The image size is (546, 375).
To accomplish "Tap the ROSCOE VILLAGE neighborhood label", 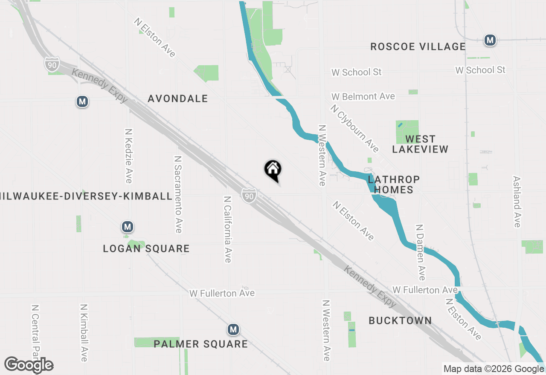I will pyautogui.click(x=418, y=46).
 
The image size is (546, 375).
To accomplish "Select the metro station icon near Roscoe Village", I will pyautogui.click(x=490, y=40).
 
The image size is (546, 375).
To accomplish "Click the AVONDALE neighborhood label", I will pyautogui.click(x=177, y=99).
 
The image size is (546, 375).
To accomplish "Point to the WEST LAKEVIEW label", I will pyautogui.click(x=420, y=144).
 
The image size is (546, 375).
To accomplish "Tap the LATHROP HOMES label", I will pyautogui.click(x=393, y=185).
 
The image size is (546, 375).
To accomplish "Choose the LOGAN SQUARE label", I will pyautogui.click(x=146, y=248).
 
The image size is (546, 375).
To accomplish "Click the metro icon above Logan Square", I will pyautogui.click(x=127, y=227).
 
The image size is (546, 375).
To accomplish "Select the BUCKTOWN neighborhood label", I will pyautogui.click(x=400, y=320).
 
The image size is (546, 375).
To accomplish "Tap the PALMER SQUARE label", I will pyautogui.click(x=200, y=344).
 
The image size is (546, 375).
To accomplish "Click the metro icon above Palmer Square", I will pyautogui.click(x=232, y=329).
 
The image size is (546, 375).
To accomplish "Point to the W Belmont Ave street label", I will pyautogui.click(x=363, y=97).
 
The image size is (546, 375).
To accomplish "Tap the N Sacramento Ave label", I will pyautogui.click(x=178, y=194).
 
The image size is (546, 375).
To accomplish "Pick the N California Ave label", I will pyautogui.click(x=228, y=229).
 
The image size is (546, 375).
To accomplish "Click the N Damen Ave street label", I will pyautogui.click(x=421, y=252).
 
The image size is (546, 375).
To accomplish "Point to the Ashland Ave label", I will pyautogui.click(x=517, y=202).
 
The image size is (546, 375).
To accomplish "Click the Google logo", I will pyautogui.click(x=29, y=365).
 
